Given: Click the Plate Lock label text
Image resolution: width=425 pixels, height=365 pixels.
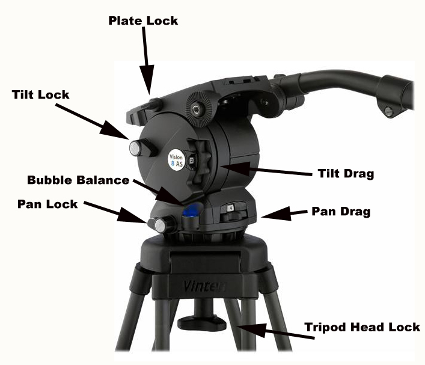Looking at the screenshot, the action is pyautogui.click(x=143, y=21).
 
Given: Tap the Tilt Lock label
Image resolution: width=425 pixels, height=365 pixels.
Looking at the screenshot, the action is pyautogui.click(x=41, y=94).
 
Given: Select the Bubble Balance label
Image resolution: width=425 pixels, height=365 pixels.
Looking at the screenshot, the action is pyautogui.click(x=78, y=180).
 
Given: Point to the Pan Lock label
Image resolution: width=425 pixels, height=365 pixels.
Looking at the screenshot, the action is pyautogui.click(x=47, y=204).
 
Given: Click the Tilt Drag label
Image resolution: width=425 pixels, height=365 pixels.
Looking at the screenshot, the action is pyautogui.click(x=346, y=174).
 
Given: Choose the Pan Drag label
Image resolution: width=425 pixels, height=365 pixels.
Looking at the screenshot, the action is pyautogui.click(x=341, y=212).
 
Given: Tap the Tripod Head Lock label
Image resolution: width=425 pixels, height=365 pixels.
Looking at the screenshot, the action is pyautogui.click(x=362, y=327).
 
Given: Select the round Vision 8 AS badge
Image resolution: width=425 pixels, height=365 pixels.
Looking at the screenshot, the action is pyautogui.click(x=176, y=161).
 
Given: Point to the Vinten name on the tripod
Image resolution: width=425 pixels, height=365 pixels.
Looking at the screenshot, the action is pyautogui.click(x=204, y=286).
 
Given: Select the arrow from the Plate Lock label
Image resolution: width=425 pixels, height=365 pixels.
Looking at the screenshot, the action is pyautogui.click(x=147, y=61).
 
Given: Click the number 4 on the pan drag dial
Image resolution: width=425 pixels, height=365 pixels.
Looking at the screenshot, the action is pyautogui.click(x=230, y=208).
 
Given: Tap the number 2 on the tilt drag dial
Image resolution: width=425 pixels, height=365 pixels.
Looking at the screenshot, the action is pyautogui.click(x=192, y=161).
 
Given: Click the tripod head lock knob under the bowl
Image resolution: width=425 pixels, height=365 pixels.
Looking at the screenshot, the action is pyautogui.click(x=201, y=323).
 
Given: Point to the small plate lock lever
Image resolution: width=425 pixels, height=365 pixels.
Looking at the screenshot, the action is pyautogui.click(x=153, y=105).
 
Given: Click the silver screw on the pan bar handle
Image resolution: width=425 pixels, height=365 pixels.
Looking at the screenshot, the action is pyautogui.click(x=389, y=111).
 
